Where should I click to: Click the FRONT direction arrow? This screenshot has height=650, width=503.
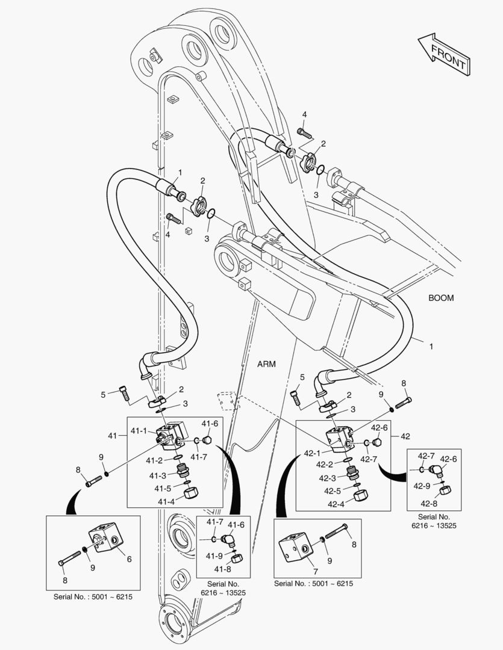[x=445, y=54]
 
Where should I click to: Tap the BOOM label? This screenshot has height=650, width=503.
[x=441, y=298]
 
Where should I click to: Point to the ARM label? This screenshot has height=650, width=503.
[x=266, y=364]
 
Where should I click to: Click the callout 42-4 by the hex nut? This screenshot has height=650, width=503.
[x=336, y=504]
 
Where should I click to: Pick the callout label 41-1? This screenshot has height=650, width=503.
[x=139, y=431]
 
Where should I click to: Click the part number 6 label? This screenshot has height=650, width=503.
[x=129, y=559]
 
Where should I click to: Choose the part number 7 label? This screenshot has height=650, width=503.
[x=316, y=572]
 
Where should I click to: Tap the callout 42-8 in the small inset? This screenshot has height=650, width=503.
[x=429, y=504]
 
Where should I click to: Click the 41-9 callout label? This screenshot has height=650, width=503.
[x=214, y=556]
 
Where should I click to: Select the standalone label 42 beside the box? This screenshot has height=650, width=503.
[x=405, y=436]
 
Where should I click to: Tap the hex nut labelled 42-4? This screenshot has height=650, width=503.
[x=360, y=496]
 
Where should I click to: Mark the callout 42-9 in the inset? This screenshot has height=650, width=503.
[x=422, y=486]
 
